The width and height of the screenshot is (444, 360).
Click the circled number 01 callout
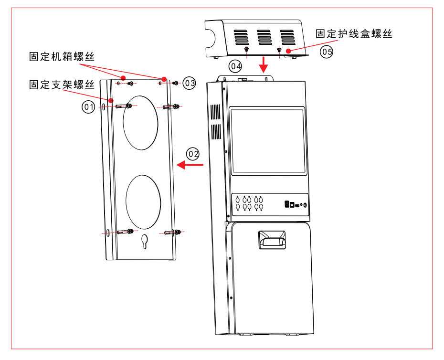point(87,107)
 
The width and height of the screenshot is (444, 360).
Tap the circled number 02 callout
point(193,154)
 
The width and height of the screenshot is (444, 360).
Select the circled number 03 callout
point(190,83)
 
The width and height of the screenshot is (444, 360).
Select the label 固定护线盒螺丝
point(354,34)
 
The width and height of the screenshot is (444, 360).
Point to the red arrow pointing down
point(263,64)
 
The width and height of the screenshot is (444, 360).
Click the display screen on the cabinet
point(268,141)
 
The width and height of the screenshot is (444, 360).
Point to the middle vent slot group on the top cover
point(264,37)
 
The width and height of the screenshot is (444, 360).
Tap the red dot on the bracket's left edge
point(111,100)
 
